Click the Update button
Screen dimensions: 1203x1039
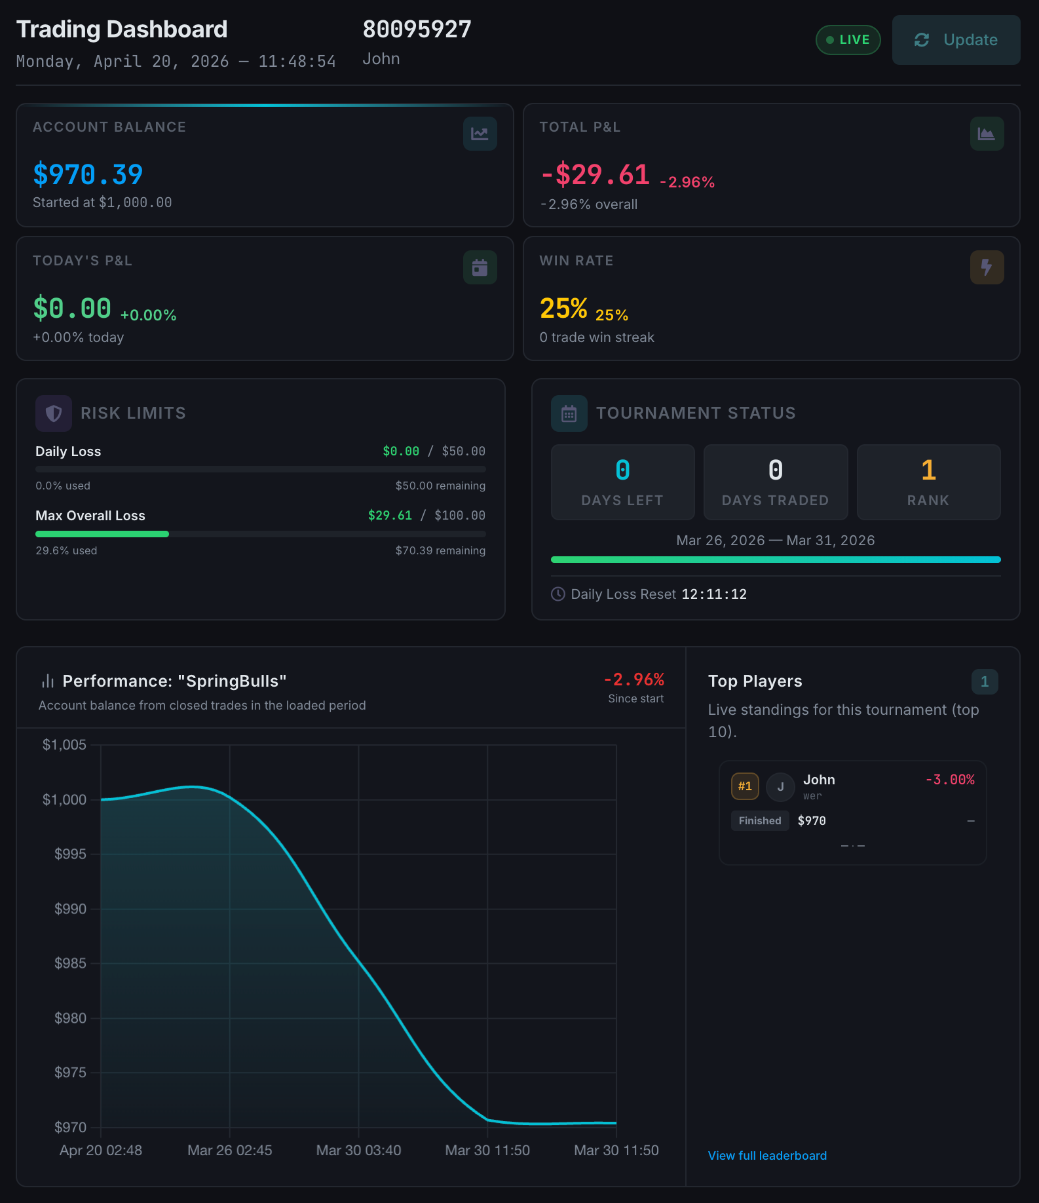click(x=956, y=40)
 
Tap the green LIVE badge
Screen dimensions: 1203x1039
click(x=848, y=40)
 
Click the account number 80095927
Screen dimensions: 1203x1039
click(x=417, y=29)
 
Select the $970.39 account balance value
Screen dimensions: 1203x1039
click(x=88, y=174)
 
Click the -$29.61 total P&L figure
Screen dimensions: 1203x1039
click(x=595, y=174)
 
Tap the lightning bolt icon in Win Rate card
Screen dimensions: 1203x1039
click(x=986, y=267)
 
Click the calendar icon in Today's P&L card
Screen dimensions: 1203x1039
click(x=480, y=267)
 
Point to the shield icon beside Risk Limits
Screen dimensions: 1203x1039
click(x=54, y=413)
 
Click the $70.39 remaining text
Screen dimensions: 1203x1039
click(x=440, y=550)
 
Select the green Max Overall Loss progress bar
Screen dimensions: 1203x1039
click(x=102, y=534)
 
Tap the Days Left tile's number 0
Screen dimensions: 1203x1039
click(x=622, y=470)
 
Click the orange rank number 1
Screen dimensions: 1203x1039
click(x=928, y=470)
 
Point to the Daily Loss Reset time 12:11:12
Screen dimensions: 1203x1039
click(x=714, y=594)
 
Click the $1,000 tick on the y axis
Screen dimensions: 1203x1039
click(x=64, y=799)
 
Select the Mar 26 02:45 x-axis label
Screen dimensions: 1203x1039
click(x=229, y=1150)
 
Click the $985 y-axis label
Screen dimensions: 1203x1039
click(x=70, y=963)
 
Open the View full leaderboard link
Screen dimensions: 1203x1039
click(x=767, y=1156)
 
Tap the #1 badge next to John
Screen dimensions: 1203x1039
click(x=745, y=786)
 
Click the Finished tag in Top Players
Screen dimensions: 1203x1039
click(x=760, y=821)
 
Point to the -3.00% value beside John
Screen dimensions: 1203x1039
click(x=949, y=780)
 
